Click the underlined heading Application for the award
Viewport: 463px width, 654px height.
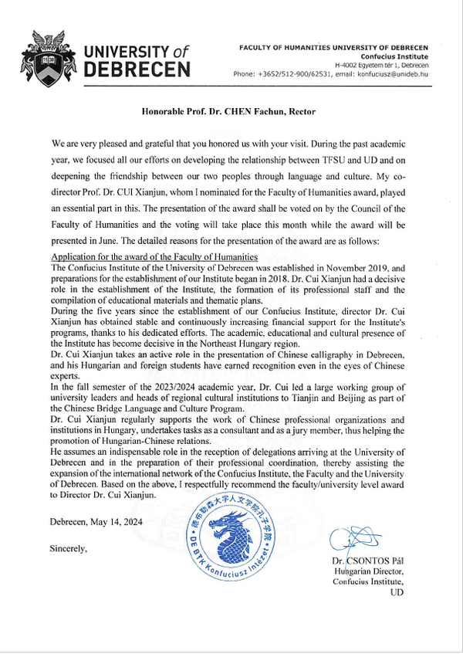154,256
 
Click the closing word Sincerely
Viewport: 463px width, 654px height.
69,549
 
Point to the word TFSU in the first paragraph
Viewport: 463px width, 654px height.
344,160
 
